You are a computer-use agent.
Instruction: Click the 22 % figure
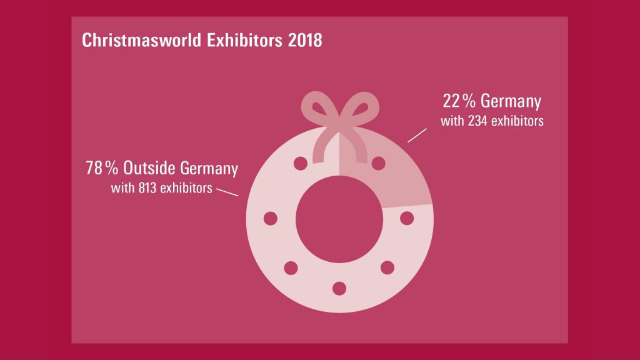coord(459,101)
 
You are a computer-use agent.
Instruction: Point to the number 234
coord(477,121)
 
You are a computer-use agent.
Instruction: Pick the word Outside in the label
coord(149,168)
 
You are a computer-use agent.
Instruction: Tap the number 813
coord(147,187)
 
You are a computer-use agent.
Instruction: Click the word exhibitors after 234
coord(517,121)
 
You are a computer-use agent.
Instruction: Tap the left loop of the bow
coord(318,107)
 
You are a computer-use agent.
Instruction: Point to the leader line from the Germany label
coord(417,136)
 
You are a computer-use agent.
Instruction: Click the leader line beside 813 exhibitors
coord(226,191)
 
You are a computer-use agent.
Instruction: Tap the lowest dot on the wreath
coord(339,288)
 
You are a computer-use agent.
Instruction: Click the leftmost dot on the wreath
coord(271,218)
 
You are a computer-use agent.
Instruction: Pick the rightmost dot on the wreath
coord(407,218)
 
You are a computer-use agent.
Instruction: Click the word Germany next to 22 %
coord(511,101)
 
